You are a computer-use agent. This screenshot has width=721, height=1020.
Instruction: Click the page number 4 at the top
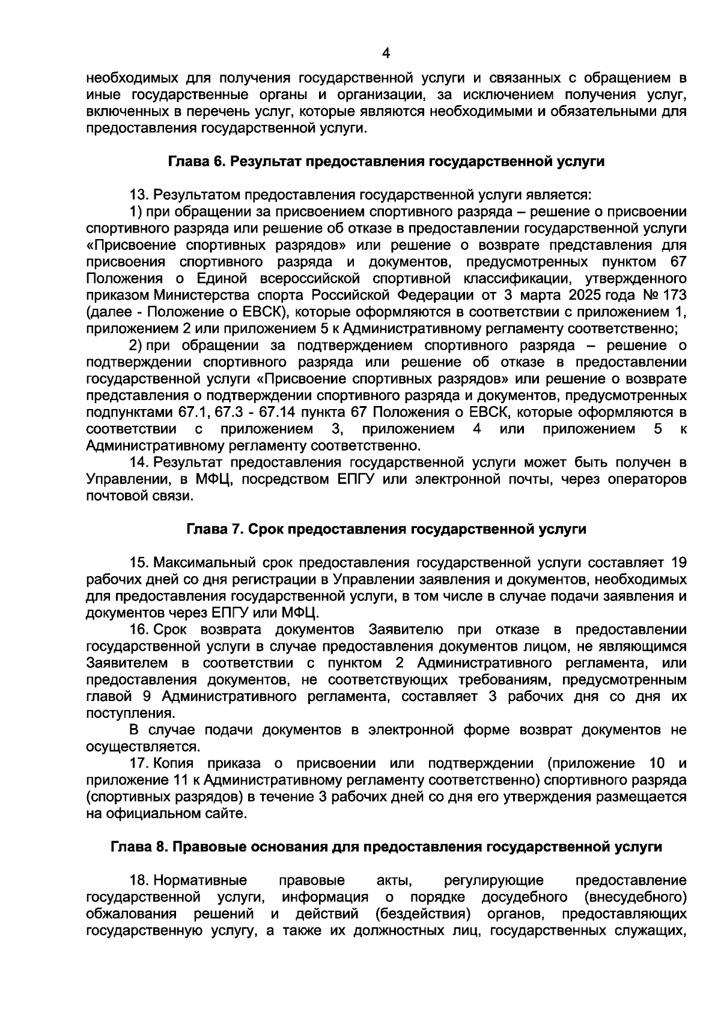coord(386,54)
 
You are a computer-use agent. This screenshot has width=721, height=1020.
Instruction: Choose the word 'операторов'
coord(651,479)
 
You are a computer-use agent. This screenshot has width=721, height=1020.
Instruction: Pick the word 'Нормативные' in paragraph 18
coord(200,881)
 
